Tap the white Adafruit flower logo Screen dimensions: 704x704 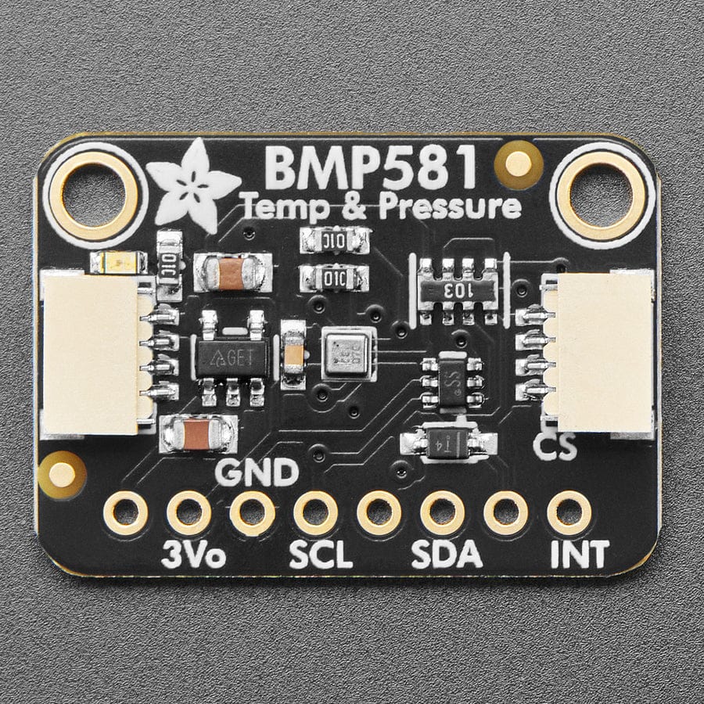pyautogui.click(x=192, y=185)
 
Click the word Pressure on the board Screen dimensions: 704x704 pyautogui.click(x=450, y=208)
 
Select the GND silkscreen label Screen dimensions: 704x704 pyautogui.click(x=257, y=472)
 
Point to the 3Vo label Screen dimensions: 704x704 pyautogui.click(x=193, y=555)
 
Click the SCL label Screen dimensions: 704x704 pyautogui.click(x=321, y=555)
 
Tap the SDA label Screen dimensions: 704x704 pyautogui.click(x=446, y=555)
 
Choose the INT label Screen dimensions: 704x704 pyautogui.click(x=579, y=555)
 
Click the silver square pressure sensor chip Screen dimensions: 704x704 pyautogui.click(x=345, y=354)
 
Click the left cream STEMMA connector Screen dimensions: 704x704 pyautogui.click(x=92, y=352)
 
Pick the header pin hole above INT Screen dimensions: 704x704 pyautogui.click(x=569, y=513)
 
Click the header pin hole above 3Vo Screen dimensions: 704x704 pyautogui.click(x=189, y=513)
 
